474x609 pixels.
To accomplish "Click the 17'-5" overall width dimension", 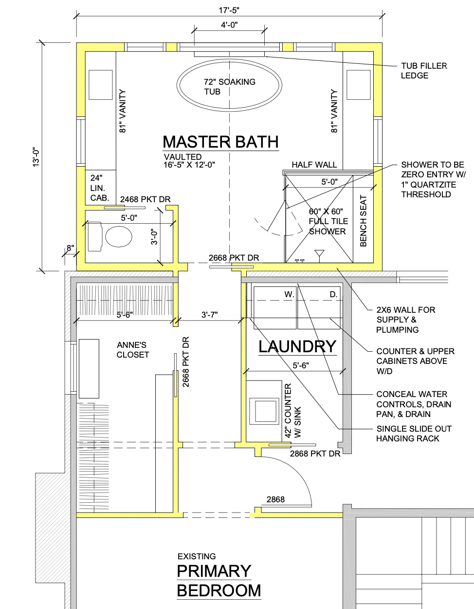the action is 229,10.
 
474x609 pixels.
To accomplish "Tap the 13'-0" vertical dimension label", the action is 36,157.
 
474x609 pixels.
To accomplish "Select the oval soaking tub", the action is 229,85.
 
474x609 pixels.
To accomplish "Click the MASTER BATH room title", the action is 221,142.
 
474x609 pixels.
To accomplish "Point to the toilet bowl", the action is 119,237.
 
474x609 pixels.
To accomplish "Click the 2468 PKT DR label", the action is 145,199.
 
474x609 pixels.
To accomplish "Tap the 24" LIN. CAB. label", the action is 99,188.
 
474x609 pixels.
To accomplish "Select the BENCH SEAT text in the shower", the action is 363,221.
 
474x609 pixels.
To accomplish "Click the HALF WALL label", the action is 314,165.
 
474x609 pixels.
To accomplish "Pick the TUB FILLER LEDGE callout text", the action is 424,71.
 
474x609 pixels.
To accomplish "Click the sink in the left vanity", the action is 100,85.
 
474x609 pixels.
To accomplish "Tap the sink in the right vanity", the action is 359,85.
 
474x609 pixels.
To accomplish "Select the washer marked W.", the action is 274,307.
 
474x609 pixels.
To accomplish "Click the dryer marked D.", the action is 319,307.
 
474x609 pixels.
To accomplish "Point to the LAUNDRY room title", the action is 297,347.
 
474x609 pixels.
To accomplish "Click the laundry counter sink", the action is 265,411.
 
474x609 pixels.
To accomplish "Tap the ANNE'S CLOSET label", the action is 133,350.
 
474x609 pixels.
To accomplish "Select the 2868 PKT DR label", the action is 315,454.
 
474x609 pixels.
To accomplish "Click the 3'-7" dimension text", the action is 209,315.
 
